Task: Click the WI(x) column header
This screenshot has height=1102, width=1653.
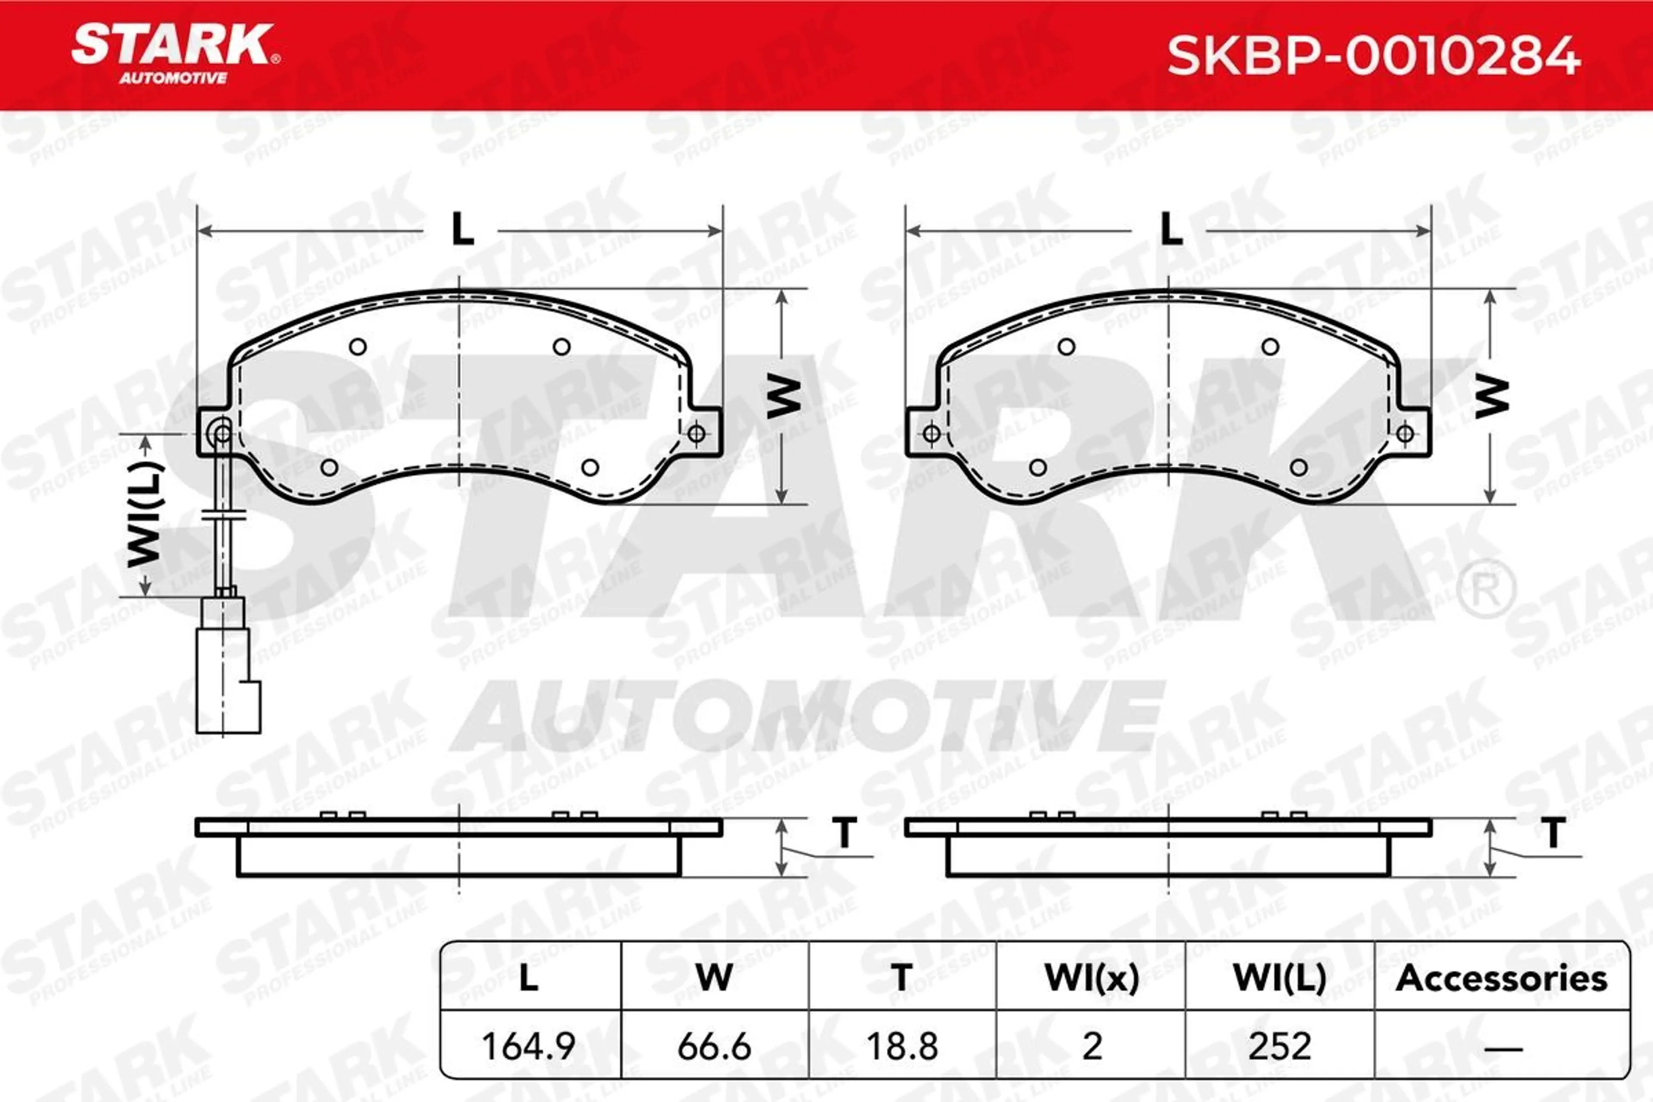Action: click(1092, 978)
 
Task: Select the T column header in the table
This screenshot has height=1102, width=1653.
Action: click(902, 978)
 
